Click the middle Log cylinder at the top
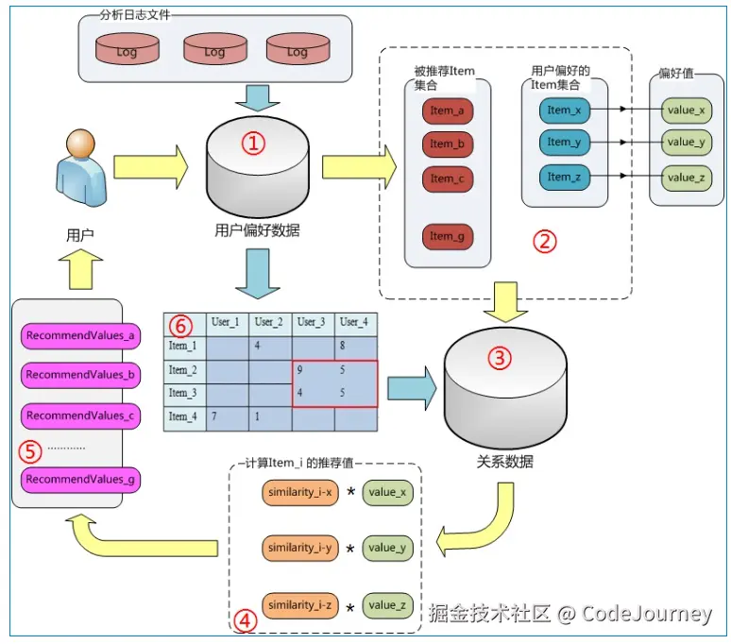[214, 49]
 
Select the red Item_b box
[447, 144]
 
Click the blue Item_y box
[565, 143]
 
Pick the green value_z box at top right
[687, 178]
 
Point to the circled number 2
[545, 241]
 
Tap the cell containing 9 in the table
[299, 370]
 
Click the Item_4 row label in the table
[183, 415]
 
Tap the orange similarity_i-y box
[299, 548]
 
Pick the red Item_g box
[447, 236]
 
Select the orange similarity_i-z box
[299, 605]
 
